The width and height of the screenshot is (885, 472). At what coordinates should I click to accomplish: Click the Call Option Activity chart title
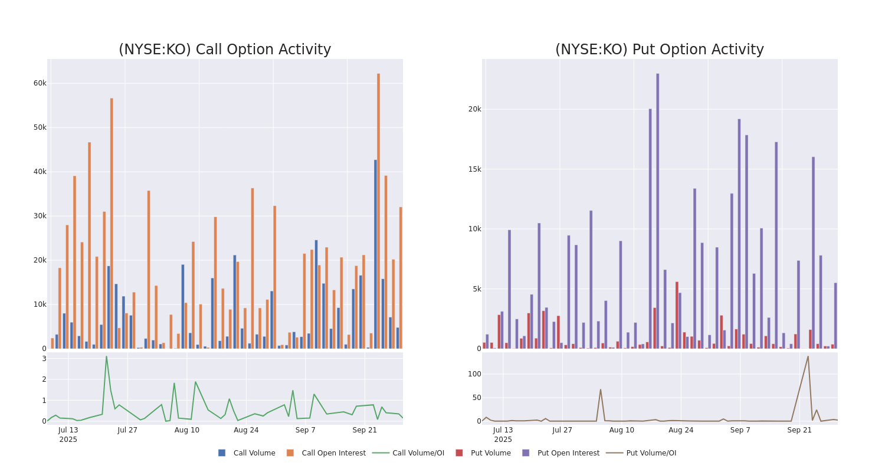point(225,50)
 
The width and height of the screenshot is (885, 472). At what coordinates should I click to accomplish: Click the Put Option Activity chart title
point(659,50)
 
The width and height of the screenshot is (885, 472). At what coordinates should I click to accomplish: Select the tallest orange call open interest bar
point(379,211)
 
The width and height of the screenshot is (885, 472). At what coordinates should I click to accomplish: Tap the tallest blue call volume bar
point(375,254)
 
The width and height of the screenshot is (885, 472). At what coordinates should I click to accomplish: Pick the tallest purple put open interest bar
point(658,211)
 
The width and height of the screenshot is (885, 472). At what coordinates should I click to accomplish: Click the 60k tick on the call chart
point(40,83)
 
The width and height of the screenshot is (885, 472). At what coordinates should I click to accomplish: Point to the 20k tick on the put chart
point(474,109)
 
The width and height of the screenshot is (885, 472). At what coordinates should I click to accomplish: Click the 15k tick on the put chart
point(474,169)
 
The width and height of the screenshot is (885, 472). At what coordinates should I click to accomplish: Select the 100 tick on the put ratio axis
point(474,373)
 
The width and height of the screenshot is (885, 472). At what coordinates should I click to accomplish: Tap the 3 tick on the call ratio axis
point(44,359)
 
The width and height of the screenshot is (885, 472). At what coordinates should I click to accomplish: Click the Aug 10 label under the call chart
point(187,430)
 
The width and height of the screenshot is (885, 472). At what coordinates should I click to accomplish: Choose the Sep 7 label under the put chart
point(740,430)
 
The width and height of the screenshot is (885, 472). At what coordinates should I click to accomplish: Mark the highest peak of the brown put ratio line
point(808,356)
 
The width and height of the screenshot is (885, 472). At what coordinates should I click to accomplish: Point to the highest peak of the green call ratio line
point(106,356)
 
